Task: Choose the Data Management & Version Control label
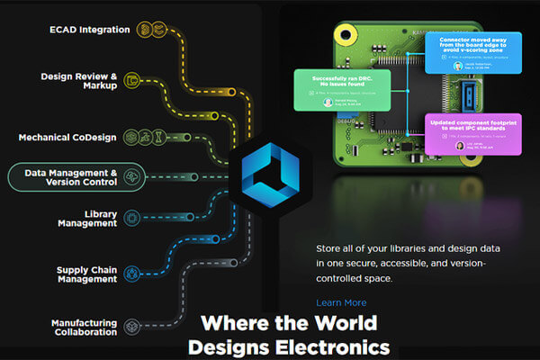point(71,176)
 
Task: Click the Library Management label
point(87,218)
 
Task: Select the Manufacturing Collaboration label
point(84,326)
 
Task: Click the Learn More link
point(341,302)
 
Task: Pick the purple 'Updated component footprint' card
point(460,135)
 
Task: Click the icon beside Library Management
point(131,218)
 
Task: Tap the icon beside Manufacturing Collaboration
point(132,326)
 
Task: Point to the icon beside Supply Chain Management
point(132,272)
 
